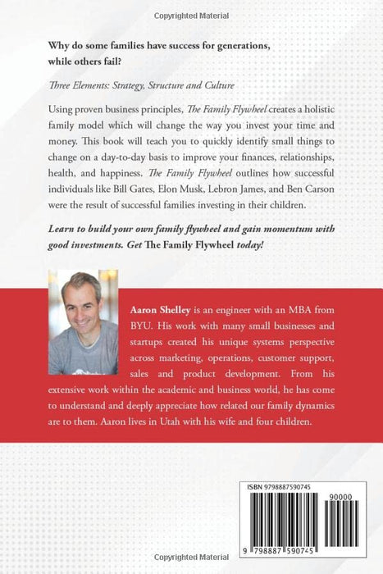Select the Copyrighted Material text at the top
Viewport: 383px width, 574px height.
pos(191,15)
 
